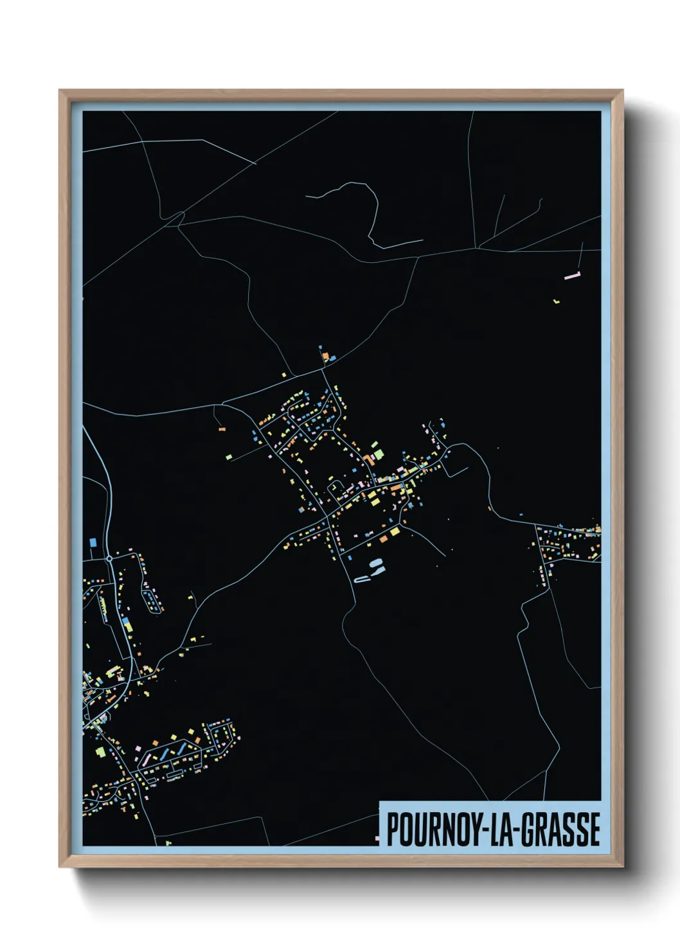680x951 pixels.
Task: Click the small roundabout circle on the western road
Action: [110, 559]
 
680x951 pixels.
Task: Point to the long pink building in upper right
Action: [571, 276]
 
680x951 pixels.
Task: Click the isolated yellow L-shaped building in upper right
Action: [557, 300]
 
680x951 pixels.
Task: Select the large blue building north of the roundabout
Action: [93, 542]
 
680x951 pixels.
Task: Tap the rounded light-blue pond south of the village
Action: [376, 564]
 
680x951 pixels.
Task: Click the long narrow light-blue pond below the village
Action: [362, 580]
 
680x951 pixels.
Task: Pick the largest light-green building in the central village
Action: [379, 455]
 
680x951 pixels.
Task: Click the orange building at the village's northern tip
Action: [325, 355]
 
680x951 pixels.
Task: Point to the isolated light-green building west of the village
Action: [228, 457]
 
